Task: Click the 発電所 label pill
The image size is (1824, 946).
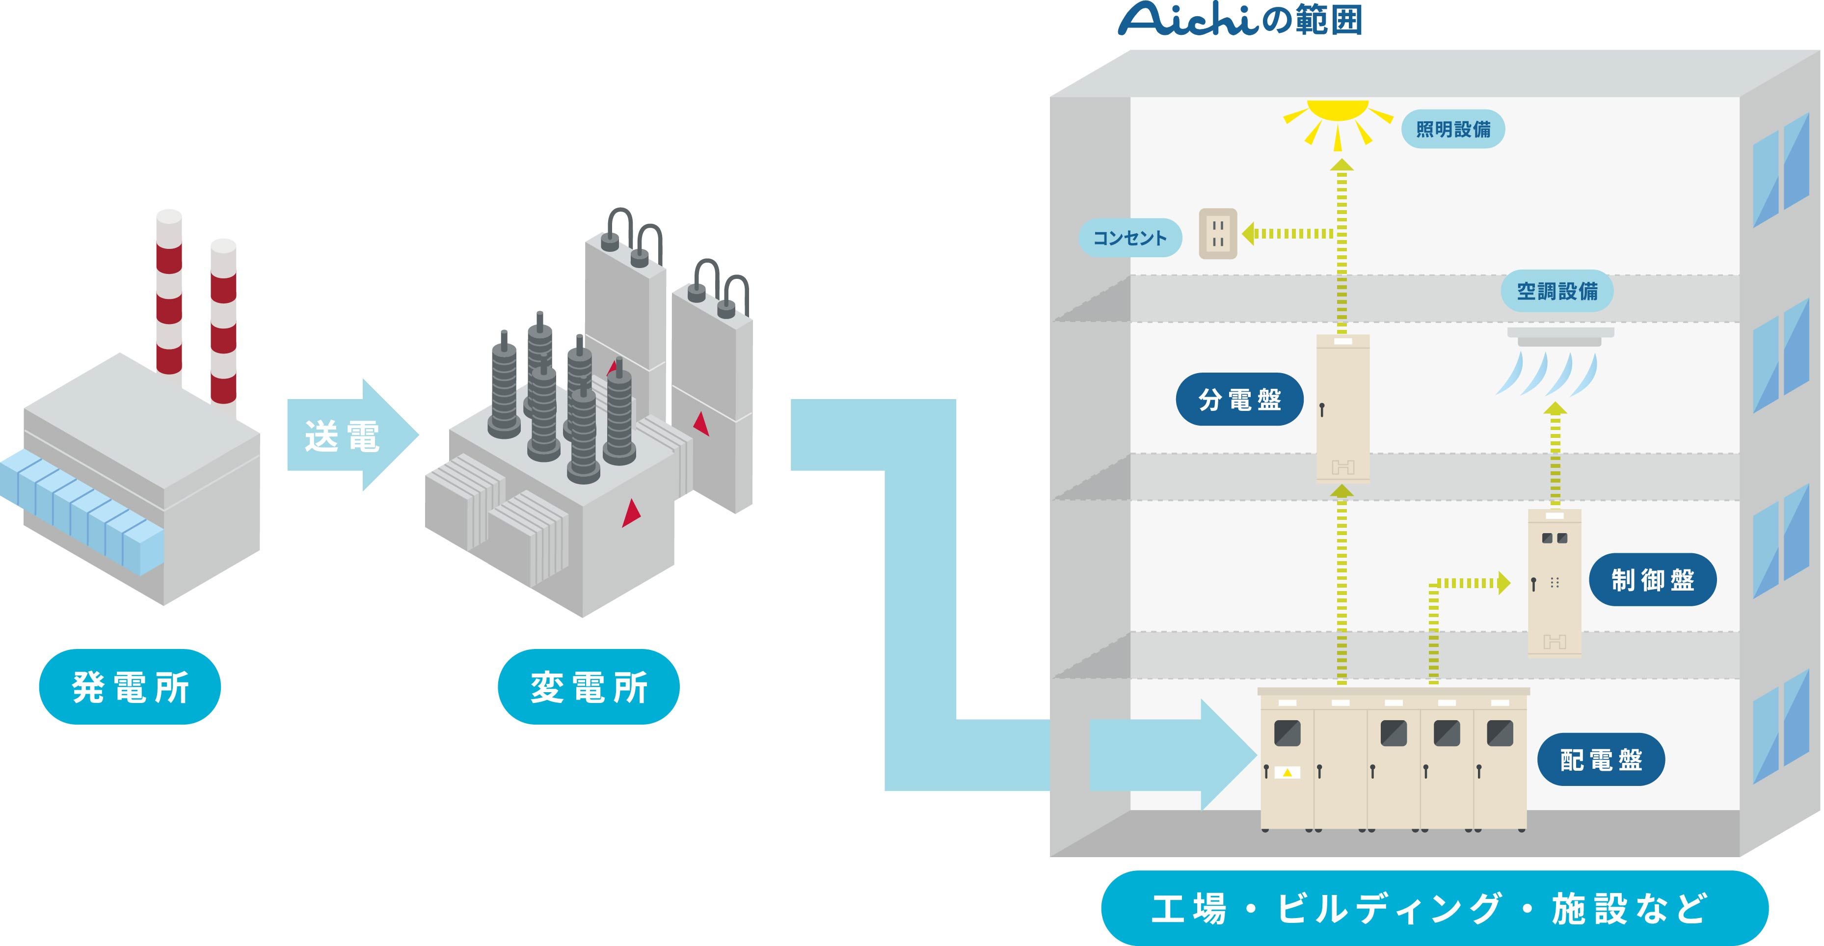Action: [130, 686]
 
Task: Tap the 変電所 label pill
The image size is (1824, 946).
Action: [589, 686]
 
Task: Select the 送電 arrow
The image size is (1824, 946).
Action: [350, 435]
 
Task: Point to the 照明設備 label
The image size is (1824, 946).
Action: [1452, 129]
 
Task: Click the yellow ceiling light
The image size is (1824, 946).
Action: [1338, 117]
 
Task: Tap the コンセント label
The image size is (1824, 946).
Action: [1129, 238]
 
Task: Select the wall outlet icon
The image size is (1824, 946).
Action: [1217, 234]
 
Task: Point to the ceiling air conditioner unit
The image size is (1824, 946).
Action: [1560, 337]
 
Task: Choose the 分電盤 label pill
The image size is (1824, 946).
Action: [1239, 399]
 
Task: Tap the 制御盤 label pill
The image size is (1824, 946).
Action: [1652, 580]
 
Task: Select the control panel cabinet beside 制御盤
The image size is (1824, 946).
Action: [1554, 582]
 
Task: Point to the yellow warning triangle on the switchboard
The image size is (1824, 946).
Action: [1288, 773]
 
